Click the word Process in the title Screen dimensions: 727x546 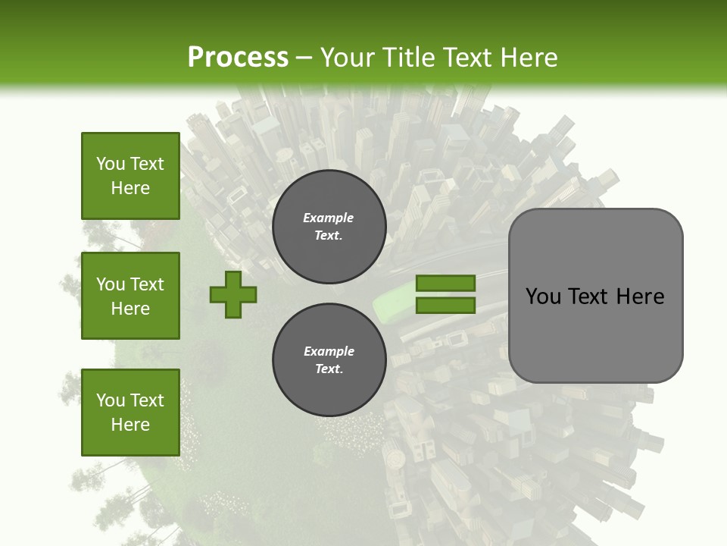click(x=238, y=58)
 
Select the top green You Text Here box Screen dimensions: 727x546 click(x=130, y=176)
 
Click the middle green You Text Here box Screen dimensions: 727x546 click(x=130, y=296)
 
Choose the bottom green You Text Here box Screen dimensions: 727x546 click(x=130, y=412)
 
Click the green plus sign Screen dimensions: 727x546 click(x=233, y=294)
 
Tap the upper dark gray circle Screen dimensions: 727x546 click(x=329, y=226)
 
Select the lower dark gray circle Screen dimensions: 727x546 click(x=329, y=360)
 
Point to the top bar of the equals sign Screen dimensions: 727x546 click(x=445, y=284)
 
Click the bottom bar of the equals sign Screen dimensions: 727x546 click(x=445, y=306)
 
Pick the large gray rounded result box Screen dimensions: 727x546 click(x=595, y=296)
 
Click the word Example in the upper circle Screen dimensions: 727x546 click(x=329, y=218)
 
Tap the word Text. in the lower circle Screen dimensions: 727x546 click(x=329, y=369)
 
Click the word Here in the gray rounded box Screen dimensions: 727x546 click(x=640, y=297)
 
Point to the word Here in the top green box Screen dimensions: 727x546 click(x=130, y=188)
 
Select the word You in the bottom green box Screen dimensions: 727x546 click(x=111, y=400)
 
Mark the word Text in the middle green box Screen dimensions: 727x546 click(x=147, y=284)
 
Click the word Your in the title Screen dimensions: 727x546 click(x=348, y=58)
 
